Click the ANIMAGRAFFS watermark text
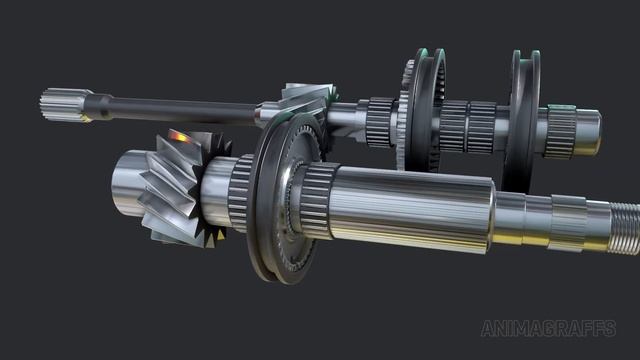coord(548,329)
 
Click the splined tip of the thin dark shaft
coord(58,104)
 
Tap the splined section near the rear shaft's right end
coord(560,131)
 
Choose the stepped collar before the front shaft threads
coord(566,222)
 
